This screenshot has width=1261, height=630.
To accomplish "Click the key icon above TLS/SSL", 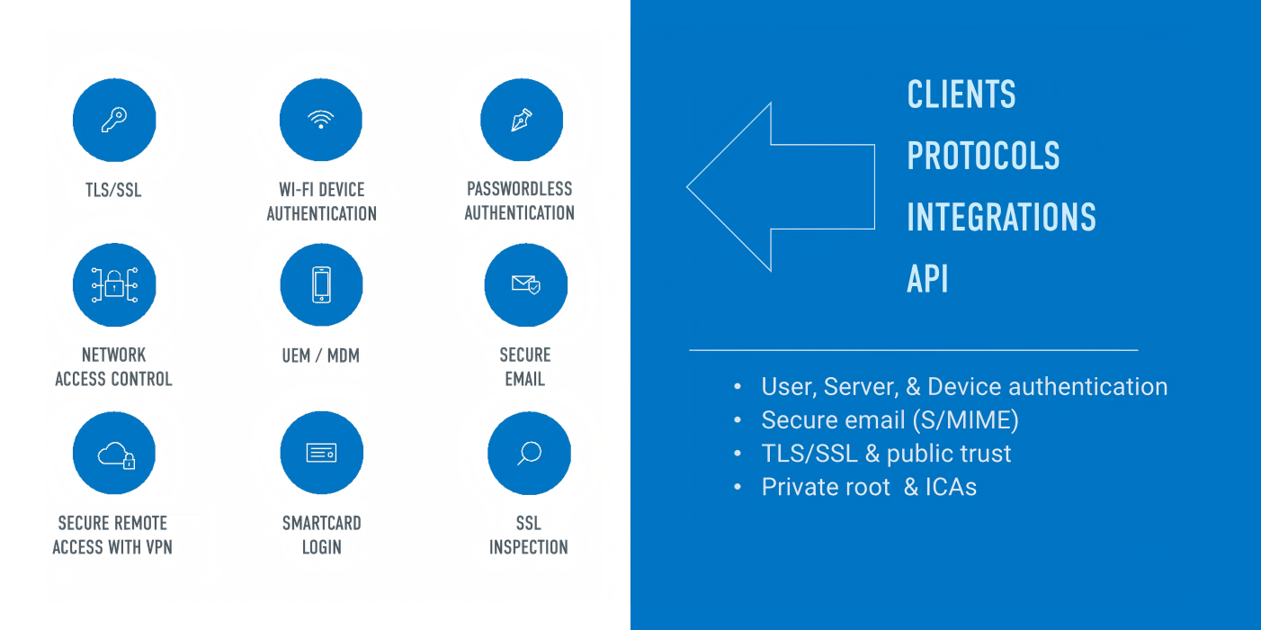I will point(114,120).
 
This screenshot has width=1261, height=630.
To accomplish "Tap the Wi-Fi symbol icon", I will point(321,120).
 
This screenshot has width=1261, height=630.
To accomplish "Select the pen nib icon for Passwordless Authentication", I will point(522,120).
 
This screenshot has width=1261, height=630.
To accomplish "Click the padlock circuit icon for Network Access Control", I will point(114,285).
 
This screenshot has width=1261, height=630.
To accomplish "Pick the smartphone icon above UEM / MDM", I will point(321,285).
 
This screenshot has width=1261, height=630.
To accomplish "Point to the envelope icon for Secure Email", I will point(526,285).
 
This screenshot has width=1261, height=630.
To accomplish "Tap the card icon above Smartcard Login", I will point(321,454).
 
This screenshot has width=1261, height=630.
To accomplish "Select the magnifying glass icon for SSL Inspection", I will point(529,454).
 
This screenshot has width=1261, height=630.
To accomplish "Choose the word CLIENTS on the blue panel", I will point(961,94).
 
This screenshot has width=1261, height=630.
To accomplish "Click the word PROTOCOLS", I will point(983,157).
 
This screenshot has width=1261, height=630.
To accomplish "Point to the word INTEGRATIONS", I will point(1001,218).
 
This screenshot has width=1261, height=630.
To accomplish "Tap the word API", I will point(927,280).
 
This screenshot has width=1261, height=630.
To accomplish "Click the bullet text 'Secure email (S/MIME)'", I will point(890,420).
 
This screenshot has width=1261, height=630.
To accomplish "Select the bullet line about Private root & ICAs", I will point(869,487).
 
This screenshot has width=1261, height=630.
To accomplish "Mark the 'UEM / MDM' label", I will point(321,355).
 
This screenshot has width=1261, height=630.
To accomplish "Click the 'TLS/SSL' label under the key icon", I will point(114,190).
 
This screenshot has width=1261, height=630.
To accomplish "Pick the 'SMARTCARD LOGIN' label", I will point(321,535).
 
